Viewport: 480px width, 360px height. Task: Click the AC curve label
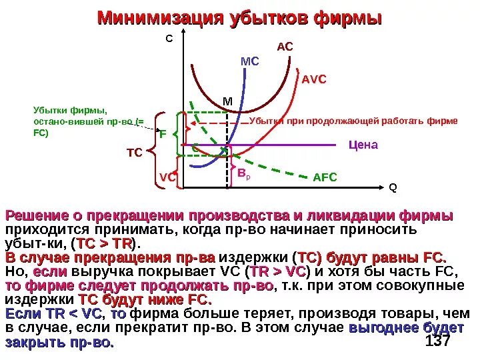click(285, 47)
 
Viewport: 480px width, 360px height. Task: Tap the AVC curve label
click(313, 79)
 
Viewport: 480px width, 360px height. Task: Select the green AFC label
click(325, 177)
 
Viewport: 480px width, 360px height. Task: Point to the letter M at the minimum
click(227, 101)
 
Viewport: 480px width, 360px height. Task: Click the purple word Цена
click(363, 145)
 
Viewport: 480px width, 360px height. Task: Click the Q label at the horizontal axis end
click(393, 187)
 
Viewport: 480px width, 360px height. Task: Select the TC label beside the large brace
click(135, 153)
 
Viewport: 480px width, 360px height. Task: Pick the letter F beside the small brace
click(162, 134)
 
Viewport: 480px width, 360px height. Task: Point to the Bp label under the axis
click(243, 174)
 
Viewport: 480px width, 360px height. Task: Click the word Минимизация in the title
click(159, 18)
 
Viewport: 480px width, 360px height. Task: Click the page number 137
click(437, 341)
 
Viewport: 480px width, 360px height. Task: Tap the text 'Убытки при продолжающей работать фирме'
click(353, 121)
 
